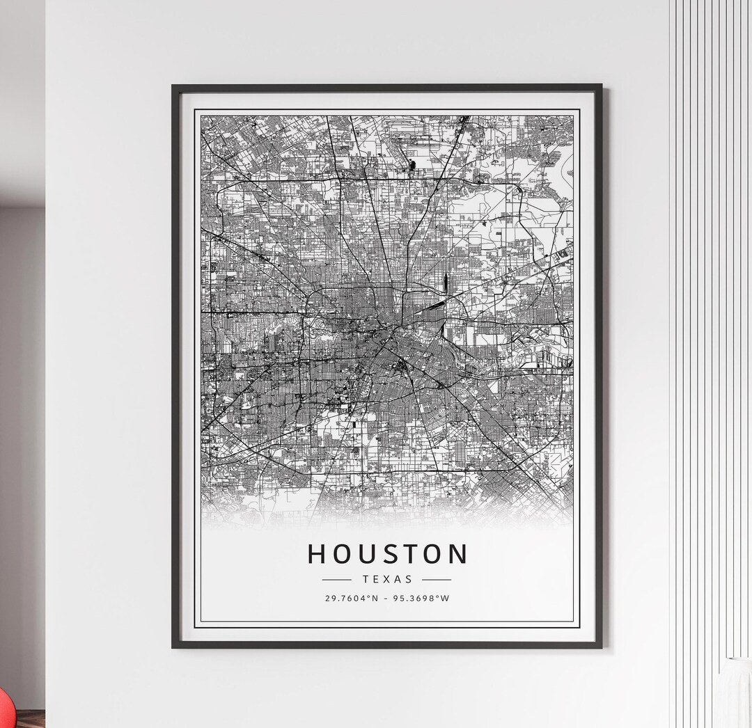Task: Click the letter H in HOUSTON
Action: point(317,554)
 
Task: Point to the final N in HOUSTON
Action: point(458,554)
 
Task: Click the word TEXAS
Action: point(387,579)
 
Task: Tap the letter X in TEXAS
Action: point(387,579)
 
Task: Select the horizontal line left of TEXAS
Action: point(337,579)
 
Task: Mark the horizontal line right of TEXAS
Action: point(437,579)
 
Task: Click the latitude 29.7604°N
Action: point(352,599)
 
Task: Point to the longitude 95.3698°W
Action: point(423,599)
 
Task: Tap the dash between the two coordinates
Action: point(387,599)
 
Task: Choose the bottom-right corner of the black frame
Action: point(600,647)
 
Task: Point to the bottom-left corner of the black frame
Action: point(174,647)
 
